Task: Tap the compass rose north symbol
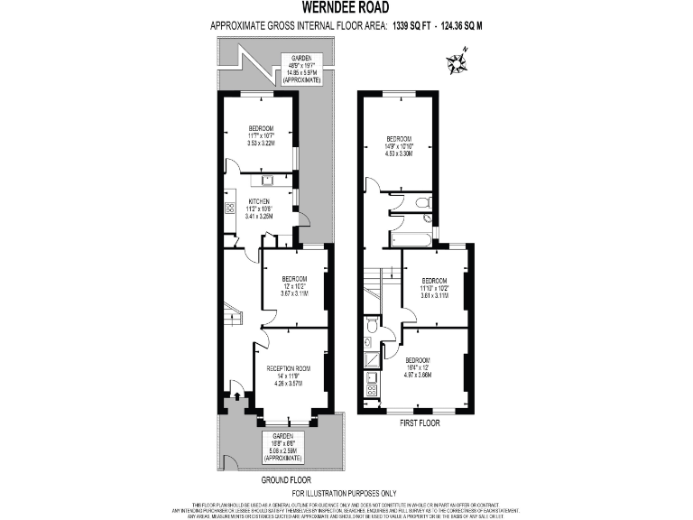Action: coord(456,62)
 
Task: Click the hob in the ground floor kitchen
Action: coord(229,209)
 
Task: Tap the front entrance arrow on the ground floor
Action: coord(236,391)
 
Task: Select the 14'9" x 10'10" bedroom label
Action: coord(399,146)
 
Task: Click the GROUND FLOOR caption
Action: coord(288,481)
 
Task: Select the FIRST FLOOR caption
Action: coord(414,422)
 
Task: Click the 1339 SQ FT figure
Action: coord(412,27)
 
